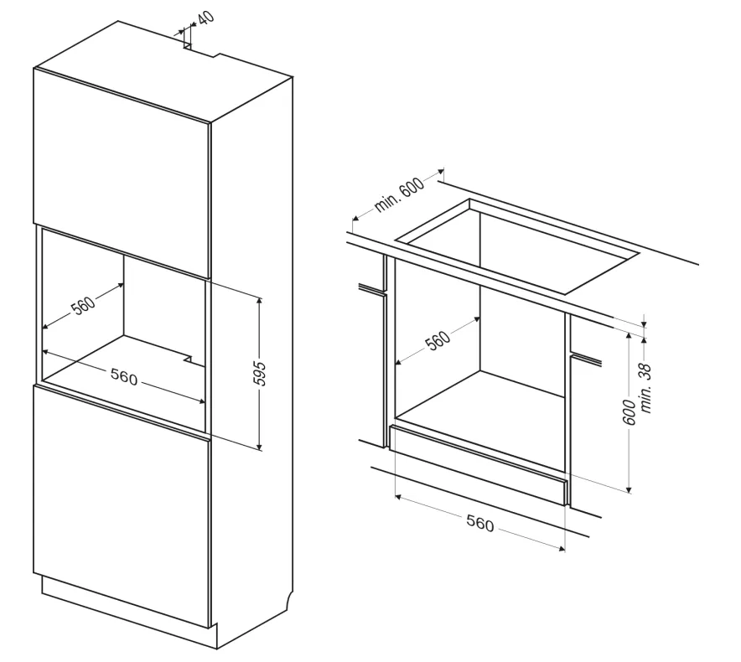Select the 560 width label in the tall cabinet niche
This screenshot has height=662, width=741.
(x=123, y=378)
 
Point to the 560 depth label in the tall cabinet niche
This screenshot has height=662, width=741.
(x=83, y=307)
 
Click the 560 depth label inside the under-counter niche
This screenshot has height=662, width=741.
(x=437, y=339)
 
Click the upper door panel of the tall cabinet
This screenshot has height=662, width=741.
(x=122, y=168)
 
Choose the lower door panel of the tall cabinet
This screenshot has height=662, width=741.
(x=122, y=503)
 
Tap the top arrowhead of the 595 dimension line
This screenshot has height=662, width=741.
(x=260, y=300)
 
